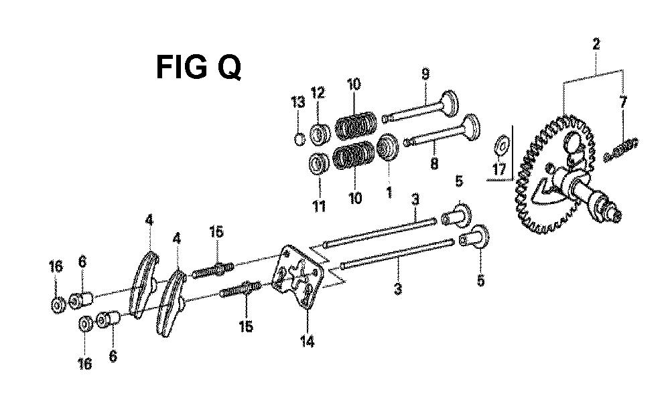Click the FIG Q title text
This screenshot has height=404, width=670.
[x=198, y=67]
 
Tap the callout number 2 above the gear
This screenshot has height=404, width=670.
[x=596, y=44]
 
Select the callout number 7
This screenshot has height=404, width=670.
[x=623, y=103]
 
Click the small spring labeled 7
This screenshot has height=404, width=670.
[x=621, y=150]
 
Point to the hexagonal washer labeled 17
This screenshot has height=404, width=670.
[x=502, y=143]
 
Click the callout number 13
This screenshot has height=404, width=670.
[x=298, y=102]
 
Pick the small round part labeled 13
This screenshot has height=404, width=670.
[x=300, y=138]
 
